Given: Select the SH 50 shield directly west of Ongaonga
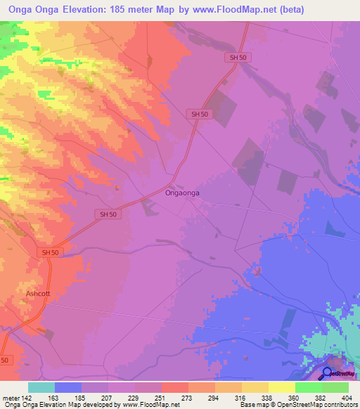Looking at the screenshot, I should pos(108,214).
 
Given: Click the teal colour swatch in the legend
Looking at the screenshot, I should pos(41,387).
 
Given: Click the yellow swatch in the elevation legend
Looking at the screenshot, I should pos(282,387).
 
